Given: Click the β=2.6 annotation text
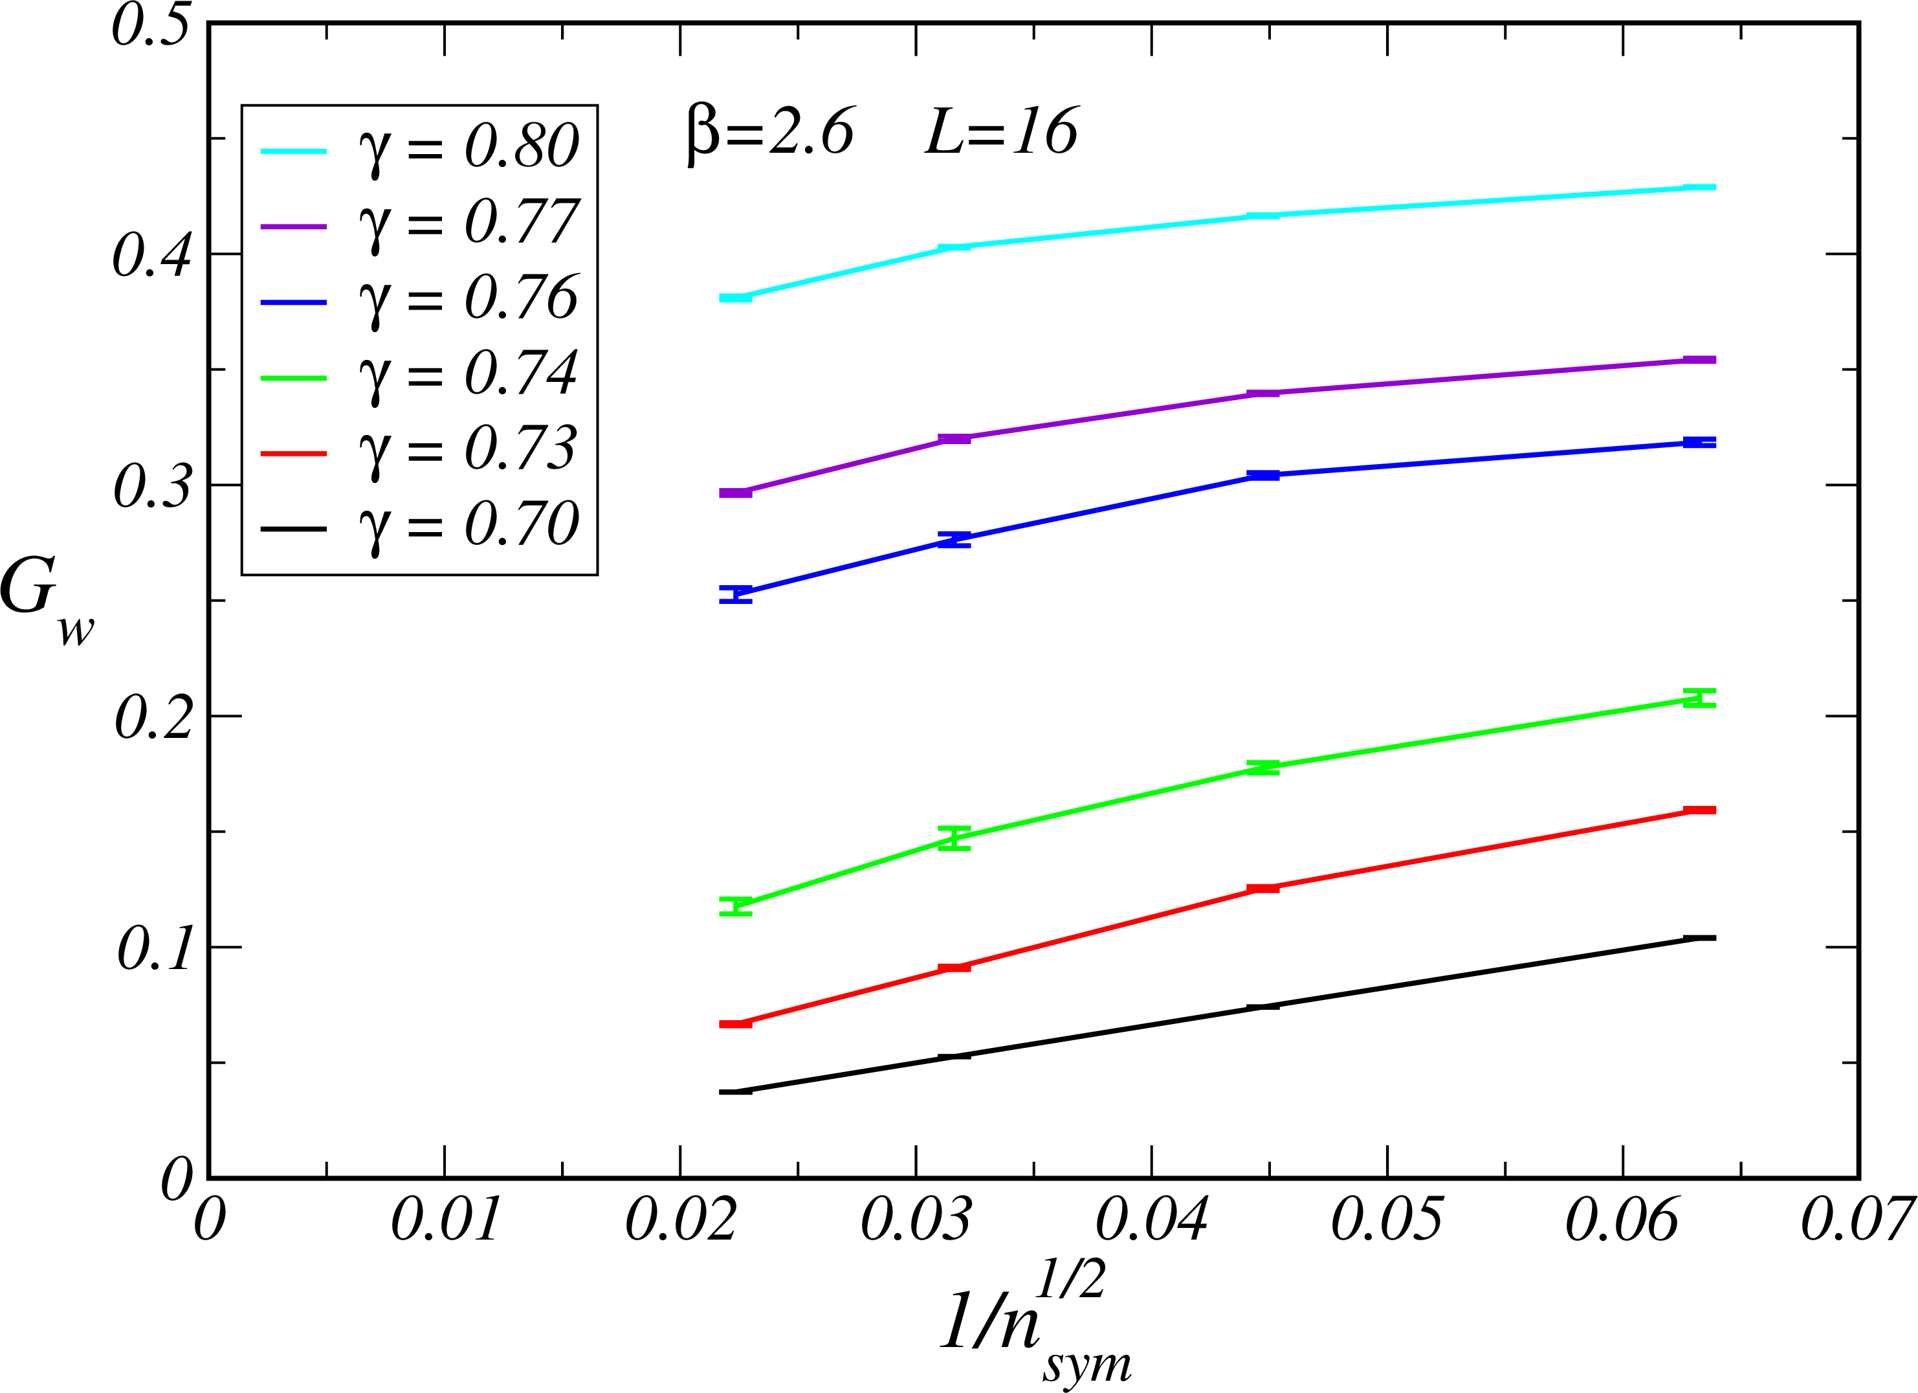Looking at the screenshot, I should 769,133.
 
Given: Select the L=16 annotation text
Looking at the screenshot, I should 1002,133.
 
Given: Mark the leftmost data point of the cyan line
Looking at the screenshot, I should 735,298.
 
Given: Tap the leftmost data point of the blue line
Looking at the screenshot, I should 735,594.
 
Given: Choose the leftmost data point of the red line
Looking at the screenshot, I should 735,1024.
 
